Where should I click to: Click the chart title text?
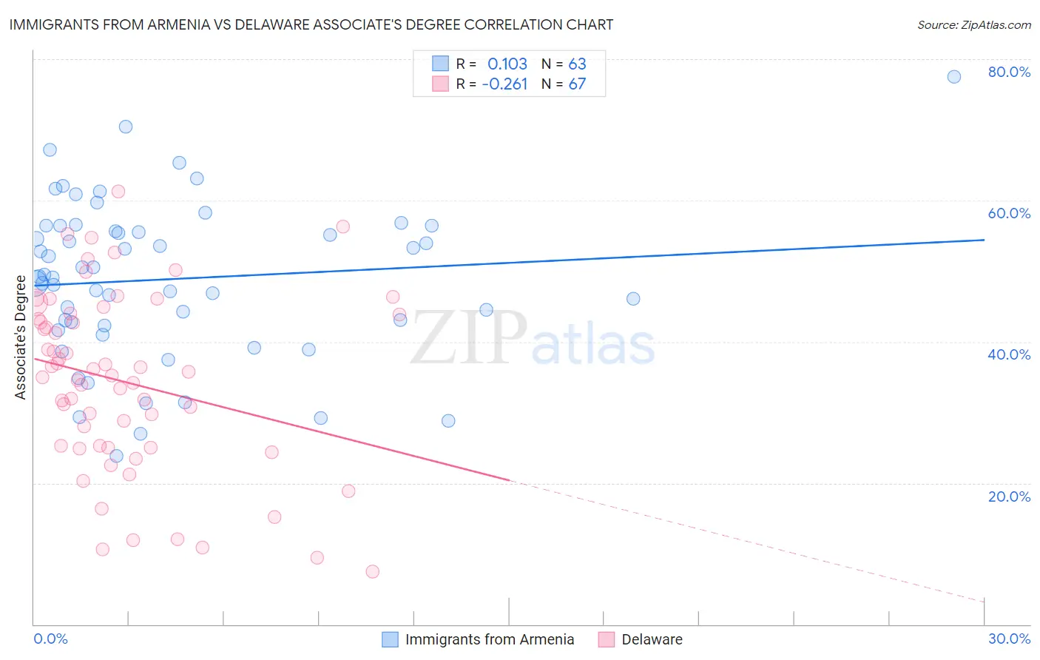point(311,24)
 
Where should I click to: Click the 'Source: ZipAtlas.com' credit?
point(973,25)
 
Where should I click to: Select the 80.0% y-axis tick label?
point(1009,72)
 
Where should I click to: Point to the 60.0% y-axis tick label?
point(1009,213)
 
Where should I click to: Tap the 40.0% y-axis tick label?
point(1009,354)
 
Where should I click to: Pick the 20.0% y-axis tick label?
point(1009,496)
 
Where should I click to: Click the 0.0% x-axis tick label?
point(50,639)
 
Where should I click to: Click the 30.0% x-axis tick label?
point(1009,639)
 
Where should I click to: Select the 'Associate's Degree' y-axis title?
point(21,337)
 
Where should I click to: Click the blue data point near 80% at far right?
point(954,77)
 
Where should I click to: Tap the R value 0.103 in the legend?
point(507,64)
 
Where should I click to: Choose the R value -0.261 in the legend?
point(504,84)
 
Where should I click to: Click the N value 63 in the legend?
point(577,64)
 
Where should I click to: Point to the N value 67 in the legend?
point(577,84)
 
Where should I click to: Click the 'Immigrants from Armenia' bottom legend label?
point(490,639)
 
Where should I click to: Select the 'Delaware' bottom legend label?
point(652,639)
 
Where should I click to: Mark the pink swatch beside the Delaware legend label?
point(607,639)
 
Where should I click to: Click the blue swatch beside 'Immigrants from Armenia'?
point(390,639)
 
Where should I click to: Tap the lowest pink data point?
point(373,571)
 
